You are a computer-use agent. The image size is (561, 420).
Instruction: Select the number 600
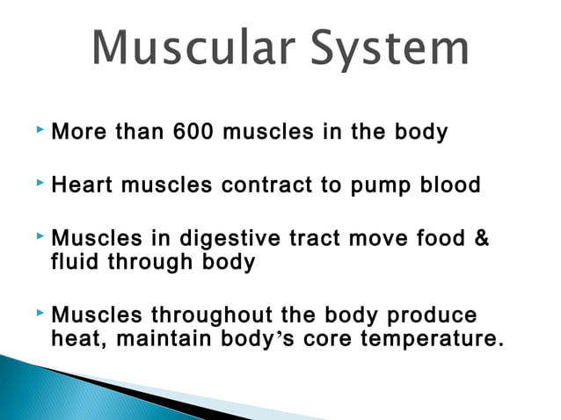(x=193, y=133)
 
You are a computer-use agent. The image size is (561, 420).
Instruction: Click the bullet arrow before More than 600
(x=40, y=130)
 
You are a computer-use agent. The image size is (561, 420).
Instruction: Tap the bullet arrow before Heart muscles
(x=40, y=183)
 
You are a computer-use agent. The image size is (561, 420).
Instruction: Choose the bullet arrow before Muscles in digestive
(x=40, y=236)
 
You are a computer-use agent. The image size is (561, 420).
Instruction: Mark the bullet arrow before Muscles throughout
(x=40, y=313)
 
